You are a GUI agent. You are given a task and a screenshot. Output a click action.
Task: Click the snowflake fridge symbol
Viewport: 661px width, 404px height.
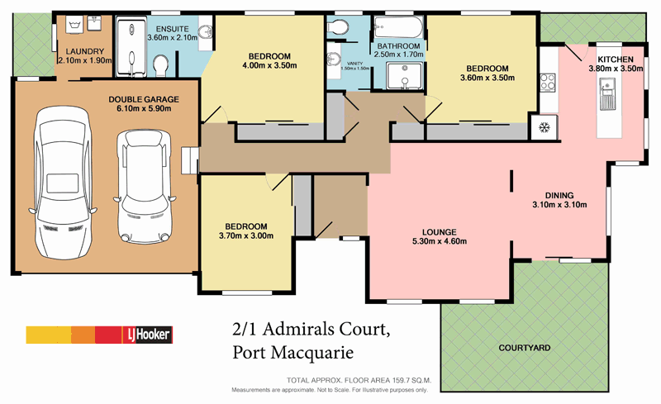click(544, 126)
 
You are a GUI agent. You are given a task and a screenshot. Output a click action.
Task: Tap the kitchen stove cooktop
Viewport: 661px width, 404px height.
click(547, 83)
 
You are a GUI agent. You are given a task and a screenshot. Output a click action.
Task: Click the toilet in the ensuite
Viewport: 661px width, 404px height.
click(162, 63)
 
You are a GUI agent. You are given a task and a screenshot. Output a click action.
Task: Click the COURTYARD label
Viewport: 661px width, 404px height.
click(525, 349)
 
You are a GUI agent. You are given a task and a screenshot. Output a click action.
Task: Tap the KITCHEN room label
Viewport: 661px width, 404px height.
click(616, 59)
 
